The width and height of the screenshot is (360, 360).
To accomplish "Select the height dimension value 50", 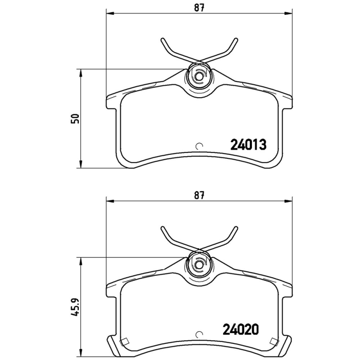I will pos(76,118).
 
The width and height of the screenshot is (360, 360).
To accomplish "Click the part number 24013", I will pos(249,144).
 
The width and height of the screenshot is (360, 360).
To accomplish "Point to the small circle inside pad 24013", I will pos(200,146).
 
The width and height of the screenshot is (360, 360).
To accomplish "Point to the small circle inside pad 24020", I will pos(200,335).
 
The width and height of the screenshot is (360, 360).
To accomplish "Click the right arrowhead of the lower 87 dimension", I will pos(288,201).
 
